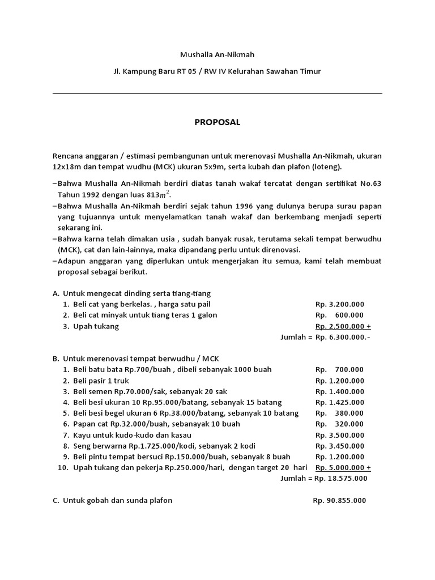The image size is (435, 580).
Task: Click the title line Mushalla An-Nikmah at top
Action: click(x=217, y=56)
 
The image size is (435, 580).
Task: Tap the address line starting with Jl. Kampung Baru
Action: click(x=217, y=71)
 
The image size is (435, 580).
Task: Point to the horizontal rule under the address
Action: click(x=217, y=93)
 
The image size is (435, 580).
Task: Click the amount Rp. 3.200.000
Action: click(x=340, y=304)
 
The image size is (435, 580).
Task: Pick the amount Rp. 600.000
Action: click(x=340, y=315)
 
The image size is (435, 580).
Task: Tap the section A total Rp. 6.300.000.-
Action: click(x=343, y=337)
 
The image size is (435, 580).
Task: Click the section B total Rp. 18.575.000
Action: click(x=342, y=478)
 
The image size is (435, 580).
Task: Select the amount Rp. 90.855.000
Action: click(x=339, y=501)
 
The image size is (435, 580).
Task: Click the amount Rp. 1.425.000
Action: click(x=340, y=402)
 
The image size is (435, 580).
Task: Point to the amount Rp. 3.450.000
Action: click(x=340, y=446)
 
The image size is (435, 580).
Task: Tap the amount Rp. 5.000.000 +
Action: click(x=343, y=467)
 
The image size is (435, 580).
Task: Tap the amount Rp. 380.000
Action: click(x=340, y=413)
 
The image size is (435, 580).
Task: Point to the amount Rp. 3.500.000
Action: click(x=340, y=434)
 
